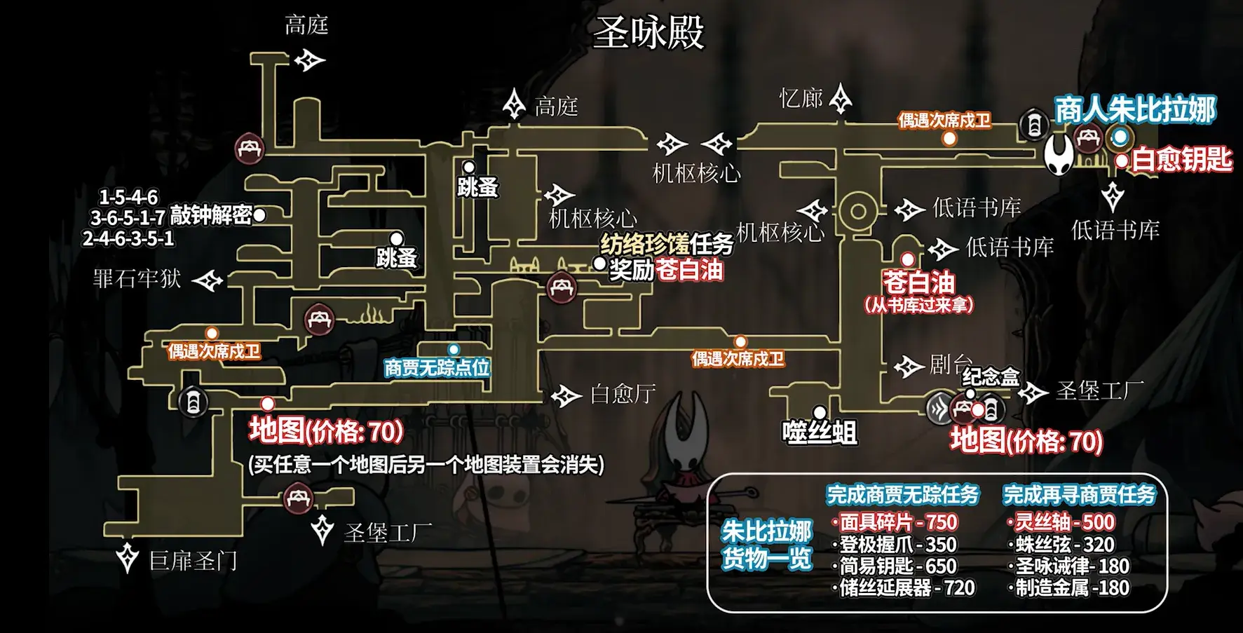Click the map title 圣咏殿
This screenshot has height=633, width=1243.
648,34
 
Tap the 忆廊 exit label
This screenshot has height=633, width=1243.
801,98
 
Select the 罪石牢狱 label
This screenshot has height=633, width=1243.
137,279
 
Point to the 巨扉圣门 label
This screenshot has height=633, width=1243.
193,561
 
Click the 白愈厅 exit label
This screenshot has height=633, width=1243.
623,394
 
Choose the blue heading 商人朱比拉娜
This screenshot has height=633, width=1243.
1135,110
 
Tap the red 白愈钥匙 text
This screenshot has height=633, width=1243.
1182,160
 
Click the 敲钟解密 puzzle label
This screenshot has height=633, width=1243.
210,215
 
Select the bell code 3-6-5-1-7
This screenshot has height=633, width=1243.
128,217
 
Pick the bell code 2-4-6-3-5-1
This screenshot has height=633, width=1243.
128,238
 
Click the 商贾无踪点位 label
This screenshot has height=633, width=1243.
437,367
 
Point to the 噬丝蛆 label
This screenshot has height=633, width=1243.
819,432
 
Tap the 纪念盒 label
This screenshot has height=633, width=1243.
990,377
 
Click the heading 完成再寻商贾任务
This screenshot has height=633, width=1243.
1078,495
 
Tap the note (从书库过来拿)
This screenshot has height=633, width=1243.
918,305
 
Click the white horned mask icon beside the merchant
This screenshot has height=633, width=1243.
1059,154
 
